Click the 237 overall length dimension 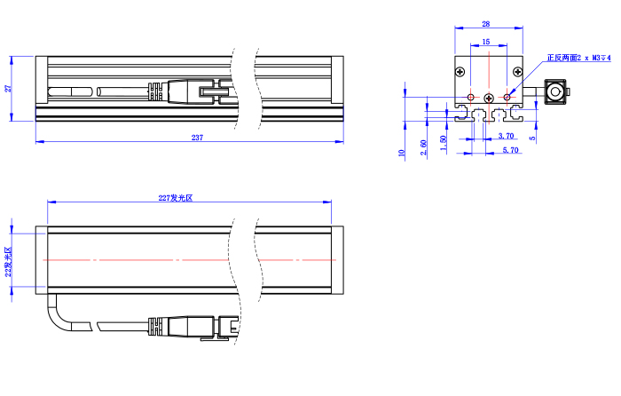(197, 138)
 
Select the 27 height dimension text (8, 88)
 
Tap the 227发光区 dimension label (176, 198)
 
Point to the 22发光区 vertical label (8, 262)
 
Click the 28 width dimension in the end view (486, 24)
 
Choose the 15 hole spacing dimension (486, 42)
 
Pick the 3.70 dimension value (507, 136)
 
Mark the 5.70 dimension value (510, 150)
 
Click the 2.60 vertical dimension (423, 147)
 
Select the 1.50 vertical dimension (444, 143)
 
